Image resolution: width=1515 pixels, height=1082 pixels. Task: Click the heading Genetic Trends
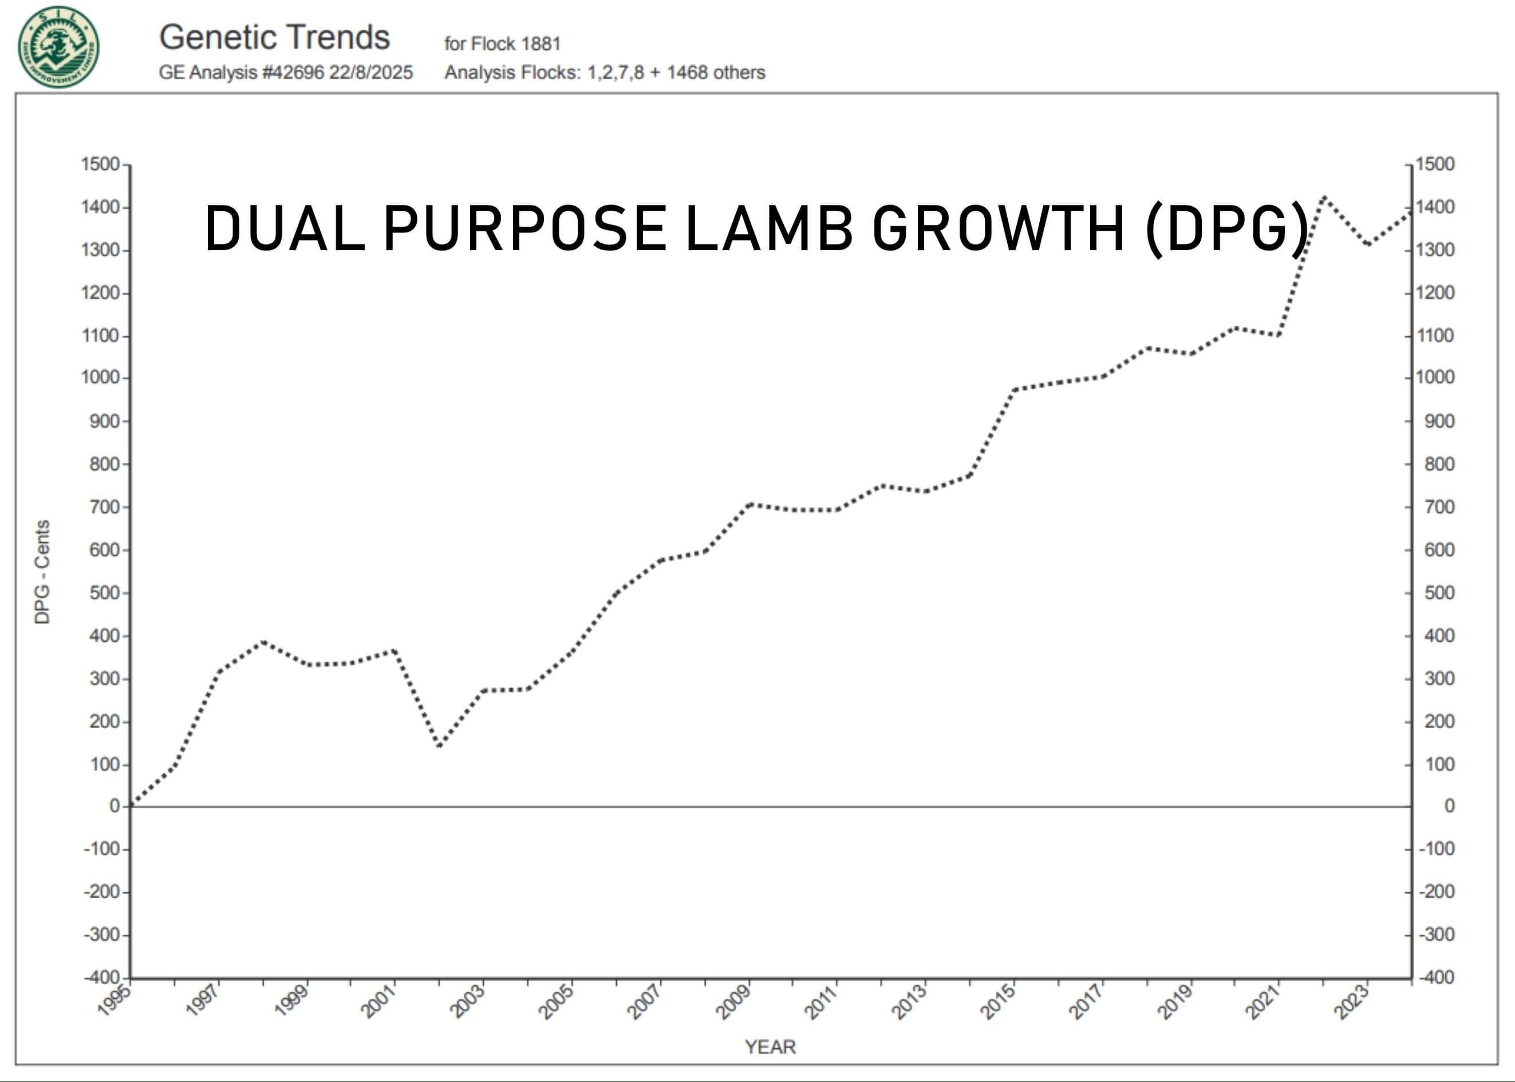point(274,37)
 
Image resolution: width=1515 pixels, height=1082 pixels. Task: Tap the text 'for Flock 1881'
point(502,44)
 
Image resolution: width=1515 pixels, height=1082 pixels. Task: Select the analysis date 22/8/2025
point(371,73)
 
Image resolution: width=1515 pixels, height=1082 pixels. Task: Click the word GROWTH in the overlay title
point(999,228)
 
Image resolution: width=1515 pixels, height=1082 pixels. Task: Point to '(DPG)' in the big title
point(1228,228)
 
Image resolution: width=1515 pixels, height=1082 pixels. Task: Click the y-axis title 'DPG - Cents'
point(42,572)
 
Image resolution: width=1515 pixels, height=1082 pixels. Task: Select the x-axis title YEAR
point(770,1047)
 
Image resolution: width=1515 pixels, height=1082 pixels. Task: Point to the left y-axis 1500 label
point(100,164)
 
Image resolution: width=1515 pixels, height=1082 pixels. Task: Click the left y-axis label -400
point(102,977)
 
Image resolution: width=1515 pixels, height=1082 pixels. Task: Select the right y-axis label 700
point(1439,507)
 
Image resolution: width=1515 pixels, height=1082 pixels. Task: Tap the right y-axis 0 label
point(1449,806)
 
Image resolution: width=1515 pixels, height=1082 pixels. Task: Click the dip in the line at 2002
point(440,745)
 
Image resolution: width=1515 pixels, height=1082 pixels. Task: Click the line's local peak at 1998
point(264,642)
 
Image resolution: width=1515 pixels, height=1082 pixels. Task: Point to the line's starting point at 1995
point(132,805)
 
